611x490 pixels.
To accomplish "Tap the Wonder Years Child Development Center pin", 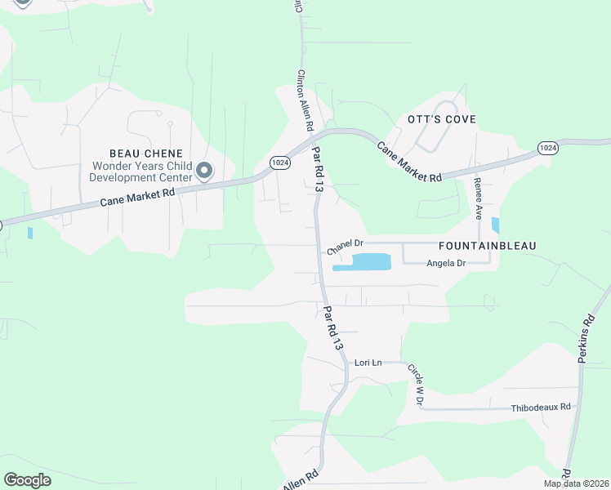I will pyautogui.click(x=203, y=171).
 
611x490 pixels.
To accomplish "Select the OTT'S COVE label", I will pyautogui.click(x=441, y=120).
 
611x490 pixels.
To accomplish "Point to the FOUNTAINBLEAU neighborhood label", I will pyautogui.click(x=480, y=245).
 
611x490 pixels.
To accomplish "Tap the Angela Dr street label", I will pyautogui.click(x=445, y=263).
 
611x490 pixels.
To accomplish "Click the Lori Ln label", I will pyautogui.click(x=368, y=362).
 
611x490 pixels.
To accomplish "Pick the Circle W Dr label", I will pyautogui.click(x=417, y=381).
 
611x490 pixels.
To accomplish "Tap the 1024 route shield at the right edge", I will pyautogui.click(x=547, y=147).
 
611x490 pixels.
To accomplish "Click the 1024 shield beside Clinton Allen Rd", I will pyautogui.click(x=279, y=162).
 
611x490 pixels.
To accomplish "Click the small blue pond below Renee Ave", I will pyautogui.click(x=495, y=225).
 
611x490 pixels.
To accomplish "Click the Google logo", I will pyautogui.click(x=27, y=480).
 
